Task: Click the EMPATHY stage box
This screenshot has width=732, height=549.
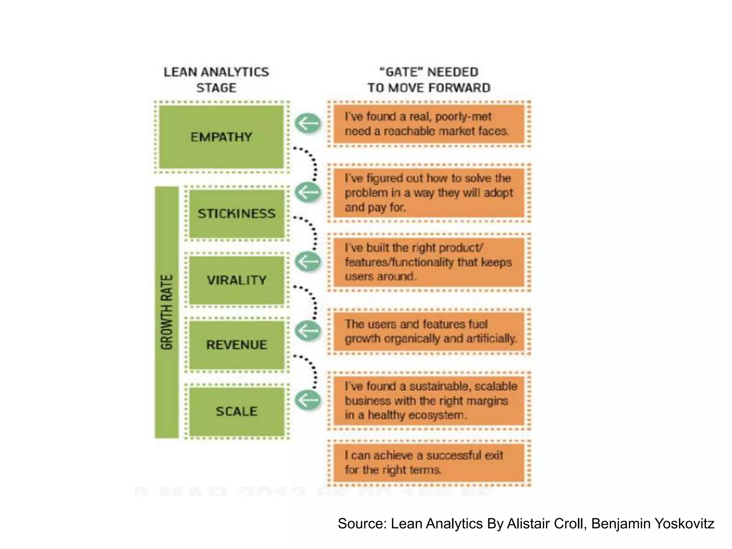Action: click(221, 137)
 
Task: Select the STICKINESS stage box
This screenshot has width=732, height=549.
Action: click(237, 213)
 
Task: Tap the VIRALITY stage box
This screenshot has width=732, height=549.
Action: click(237, 280)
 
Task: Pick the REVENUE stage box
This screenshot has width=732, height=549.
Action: click(237, 345)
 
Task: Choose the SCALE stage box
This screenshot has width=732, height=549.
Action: click(237, 411)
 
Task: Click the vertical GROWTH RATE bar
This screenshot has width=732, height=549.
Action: click(167, 312)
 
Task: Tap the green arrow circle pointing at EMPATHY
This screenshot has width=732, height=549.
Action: click(308, 124)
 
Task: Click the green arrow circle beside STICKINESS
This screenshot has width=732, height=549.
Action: click(308, 193)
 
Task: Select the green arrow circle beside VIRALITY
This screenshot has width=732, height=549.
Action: click(308, 262)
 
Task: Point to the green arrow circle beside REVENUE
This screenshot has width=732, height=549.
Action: click(308, 331)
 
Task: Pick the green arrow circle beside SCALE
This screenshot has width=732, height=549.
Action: click(308, 400)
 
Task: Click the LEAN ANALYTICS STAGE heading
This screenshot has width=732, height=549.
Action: click(216, 80)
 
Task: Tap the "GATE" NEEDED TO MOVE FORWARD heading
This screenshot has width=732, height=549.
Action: click(429, 80)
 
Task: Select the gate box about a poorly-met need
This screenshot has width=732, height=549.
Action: click(429, 124)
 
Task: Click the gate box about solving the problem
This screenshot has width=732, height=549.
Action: click(429, 193)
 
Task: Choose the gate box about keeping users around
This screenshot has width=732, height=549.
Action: click(429, 262)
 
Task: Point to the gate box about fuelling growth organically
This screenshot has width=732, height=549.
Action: click(429, 331)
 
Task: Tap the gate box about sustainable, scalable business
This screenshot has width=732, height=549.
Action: click(429, 400)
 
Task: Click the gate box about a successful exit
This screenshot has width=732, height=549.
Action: click(429, 463)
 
